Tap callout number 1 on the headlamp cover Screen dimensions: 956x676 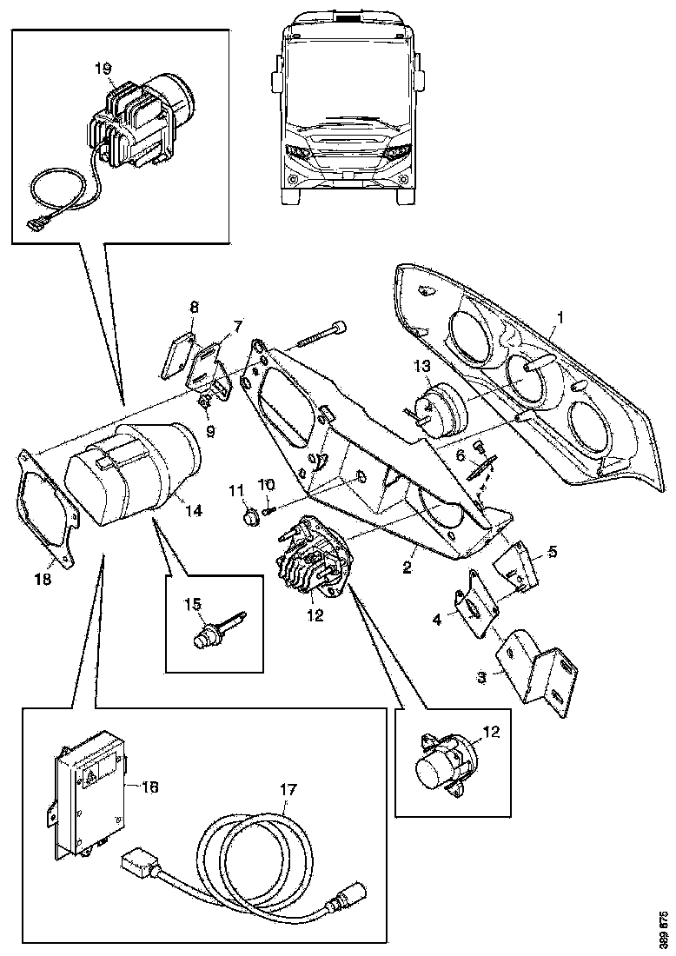click(560, 319)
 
